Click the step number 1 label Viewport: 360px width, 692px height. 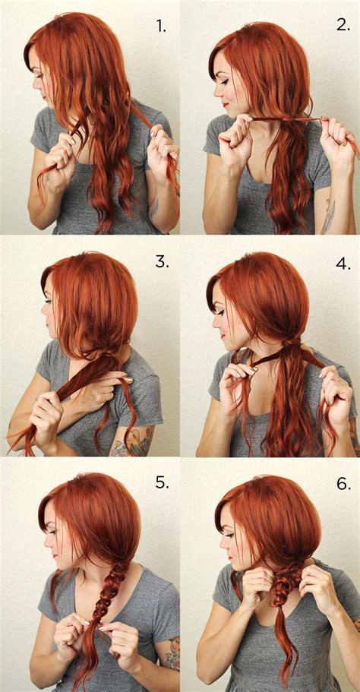coord(161,27)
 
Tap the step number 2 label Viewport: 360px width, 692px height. coord(343,24)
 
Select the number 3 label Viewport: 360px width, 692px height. coord(161,261)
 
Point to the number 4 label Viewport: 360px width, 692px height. coord(343,264)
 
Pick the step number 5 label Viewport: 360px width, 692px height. coord(161,482)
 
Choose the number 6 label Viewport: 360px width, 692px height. coord(343,484)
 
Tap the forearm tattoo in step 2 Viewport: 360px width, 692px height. coord(328,216)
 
